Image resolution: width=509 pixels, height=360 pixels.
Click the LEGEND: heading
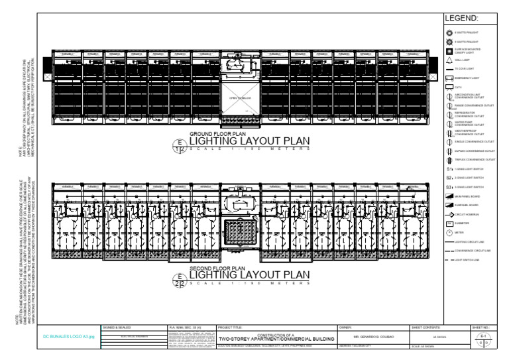[470, 19]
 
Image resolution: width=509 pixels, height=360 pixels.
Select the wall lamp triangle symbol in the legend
[449, 60]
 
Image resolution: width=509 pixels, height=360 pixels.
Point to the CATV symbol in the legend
[449, 87]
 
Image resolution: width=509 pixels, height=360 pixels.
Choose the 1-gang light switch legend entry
[449, 169]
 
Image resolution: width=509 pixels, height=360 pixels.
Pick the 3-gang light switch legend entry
[449, 188]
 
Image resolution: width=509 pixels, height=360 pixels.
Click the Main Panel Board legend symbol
[449, 197]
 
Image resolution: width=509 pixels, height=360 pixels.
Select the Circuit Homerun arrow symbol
[449, 215]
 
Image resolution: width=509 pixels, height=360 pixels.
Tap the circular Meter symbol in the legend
[449, 233]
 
